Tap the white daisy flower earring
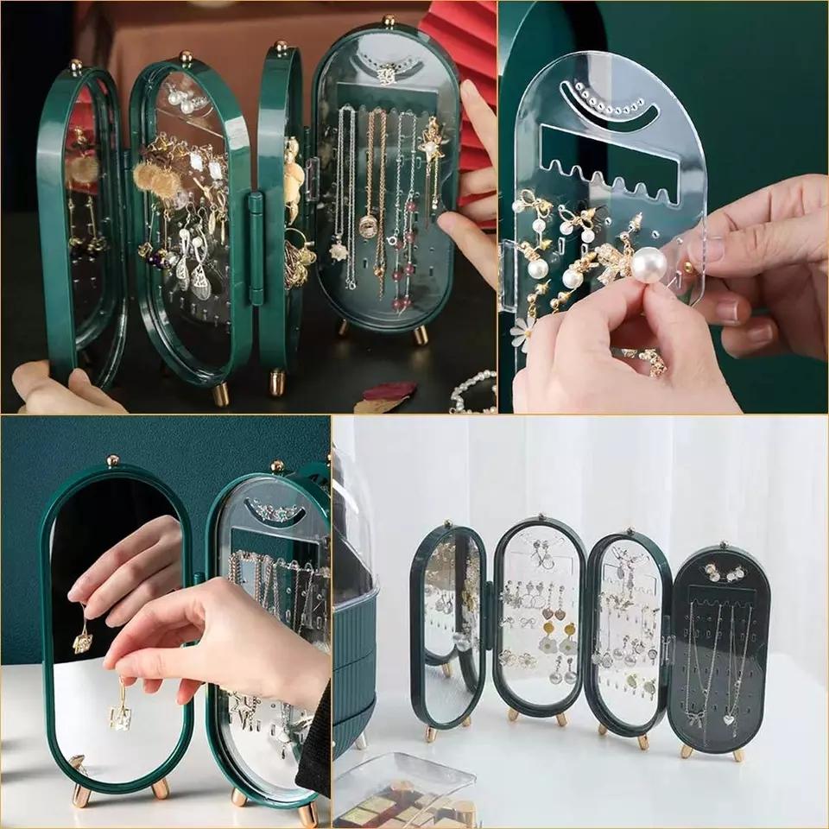[x=522, y=332]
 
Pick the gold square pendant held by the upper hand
[x=84, y=640]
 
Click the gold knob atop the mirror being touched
[x=112, y=460]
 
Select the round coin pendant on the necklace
[x=367, y=226]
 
